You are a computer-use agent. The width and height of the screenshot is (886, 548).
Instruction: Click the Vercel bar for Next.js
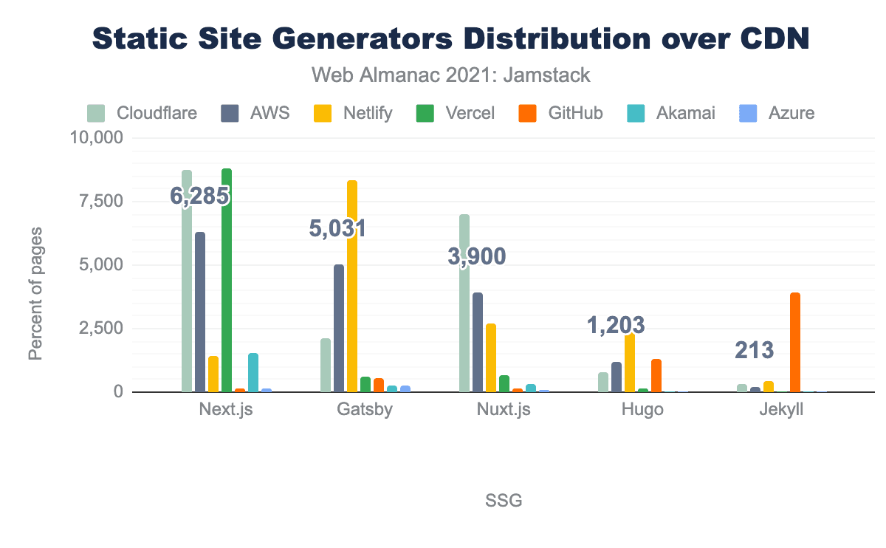(227, 281)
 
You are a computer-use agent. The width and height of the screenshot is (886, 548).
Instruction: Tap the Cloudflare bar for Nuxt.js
(464, 304)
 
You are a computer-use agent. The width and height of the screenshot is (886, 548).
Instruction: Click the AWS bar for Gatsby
(339, 329)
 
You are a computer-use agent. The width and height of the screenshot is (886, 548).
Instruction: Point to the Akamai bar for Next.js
(253, 373)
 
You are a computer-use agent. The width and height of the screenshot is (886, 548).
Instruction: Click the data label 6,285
(199, 196)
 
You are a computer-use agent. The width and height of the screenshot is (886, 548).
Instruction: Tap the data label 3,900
(477, 257)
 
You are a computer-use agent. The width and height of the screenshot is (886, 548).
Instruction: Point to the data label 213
(754, 350)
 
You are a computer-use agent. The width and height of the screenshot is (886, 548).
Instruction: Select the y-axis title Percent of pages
(35, 293)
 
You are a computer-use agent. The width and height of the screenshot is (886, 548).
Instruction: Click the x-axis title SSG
(504, 501)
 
